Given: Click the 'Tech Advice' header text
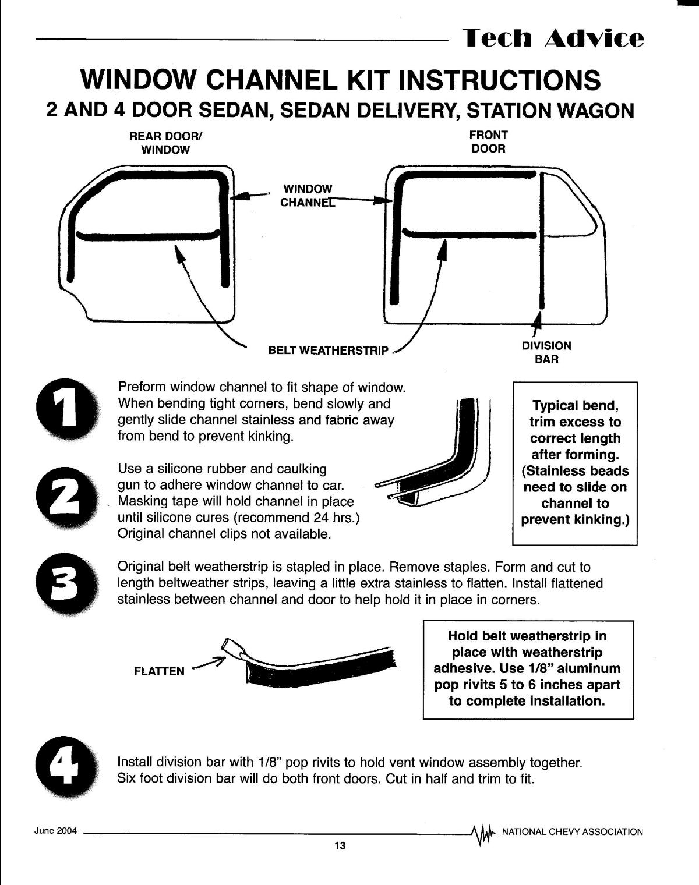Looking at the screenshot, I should (x=553, y=38).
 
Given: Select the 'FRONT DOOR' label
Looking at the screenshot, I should (x=488, y=141).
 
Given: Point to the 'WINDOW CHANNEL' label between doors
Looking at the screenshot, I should (x=307, y=196).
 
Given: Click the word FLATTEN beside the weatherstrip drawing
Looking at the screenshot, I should (x=159, y=671).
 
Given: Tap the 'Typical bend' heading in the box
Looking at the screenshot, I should (x=575, y=405).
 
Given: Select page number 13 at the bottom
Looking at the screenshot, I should (x=340, y=846).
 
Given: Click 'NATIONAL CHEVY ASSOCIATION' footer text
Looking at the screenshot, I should (x=572, y=831).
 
